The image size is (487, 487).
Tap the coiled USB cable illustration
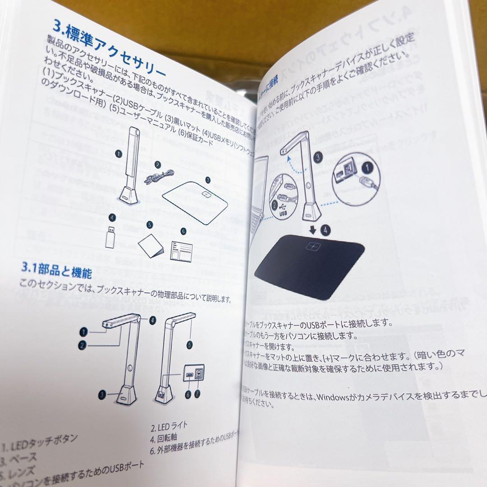[160, 176]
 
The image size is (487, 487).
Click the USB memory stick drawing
[110, 235]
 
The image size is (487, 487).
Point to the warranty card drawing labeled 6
[181, 250]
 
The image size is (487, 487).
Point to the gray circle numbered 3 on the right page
[319, 157]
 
